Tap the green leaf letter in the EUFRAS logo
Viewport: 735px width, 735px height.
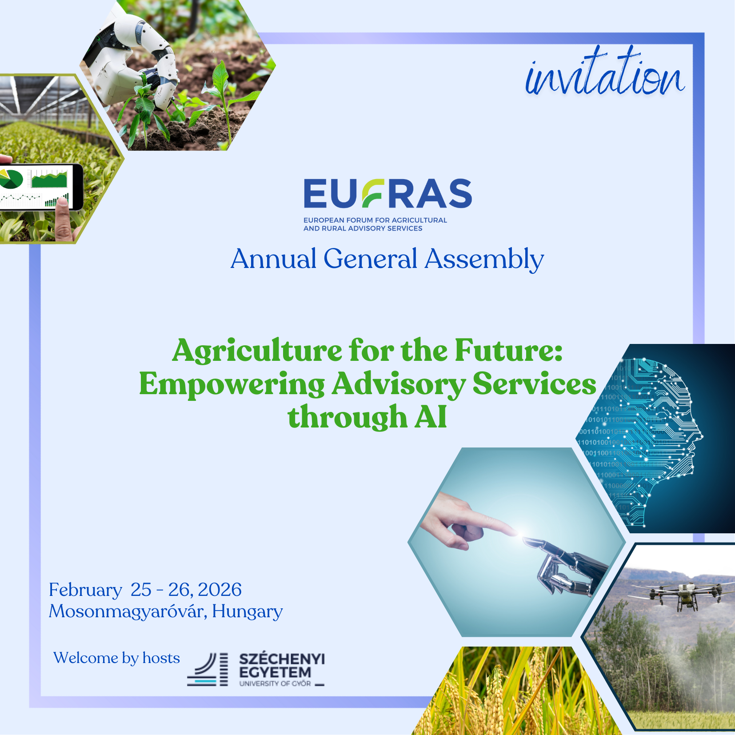(372, 193)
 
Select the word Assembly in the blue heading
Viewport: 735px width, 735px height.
(484, 260)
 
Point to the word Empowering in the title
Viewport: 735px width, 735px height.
(232, 385)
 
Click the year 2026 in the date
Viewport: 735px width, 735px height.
(220, 590)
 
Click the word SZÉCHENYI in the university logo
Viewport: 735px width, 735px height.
(282, 659)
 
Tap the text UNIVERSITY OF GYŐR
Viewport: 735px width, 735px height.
(275, 683)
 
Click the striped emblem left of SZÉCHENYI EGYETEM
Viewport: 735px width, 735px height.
(208, 669)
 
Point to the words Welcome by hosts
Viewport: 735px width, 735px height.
(116, 658)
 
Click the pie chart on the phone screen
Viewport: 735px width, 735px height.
(10, 180)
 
